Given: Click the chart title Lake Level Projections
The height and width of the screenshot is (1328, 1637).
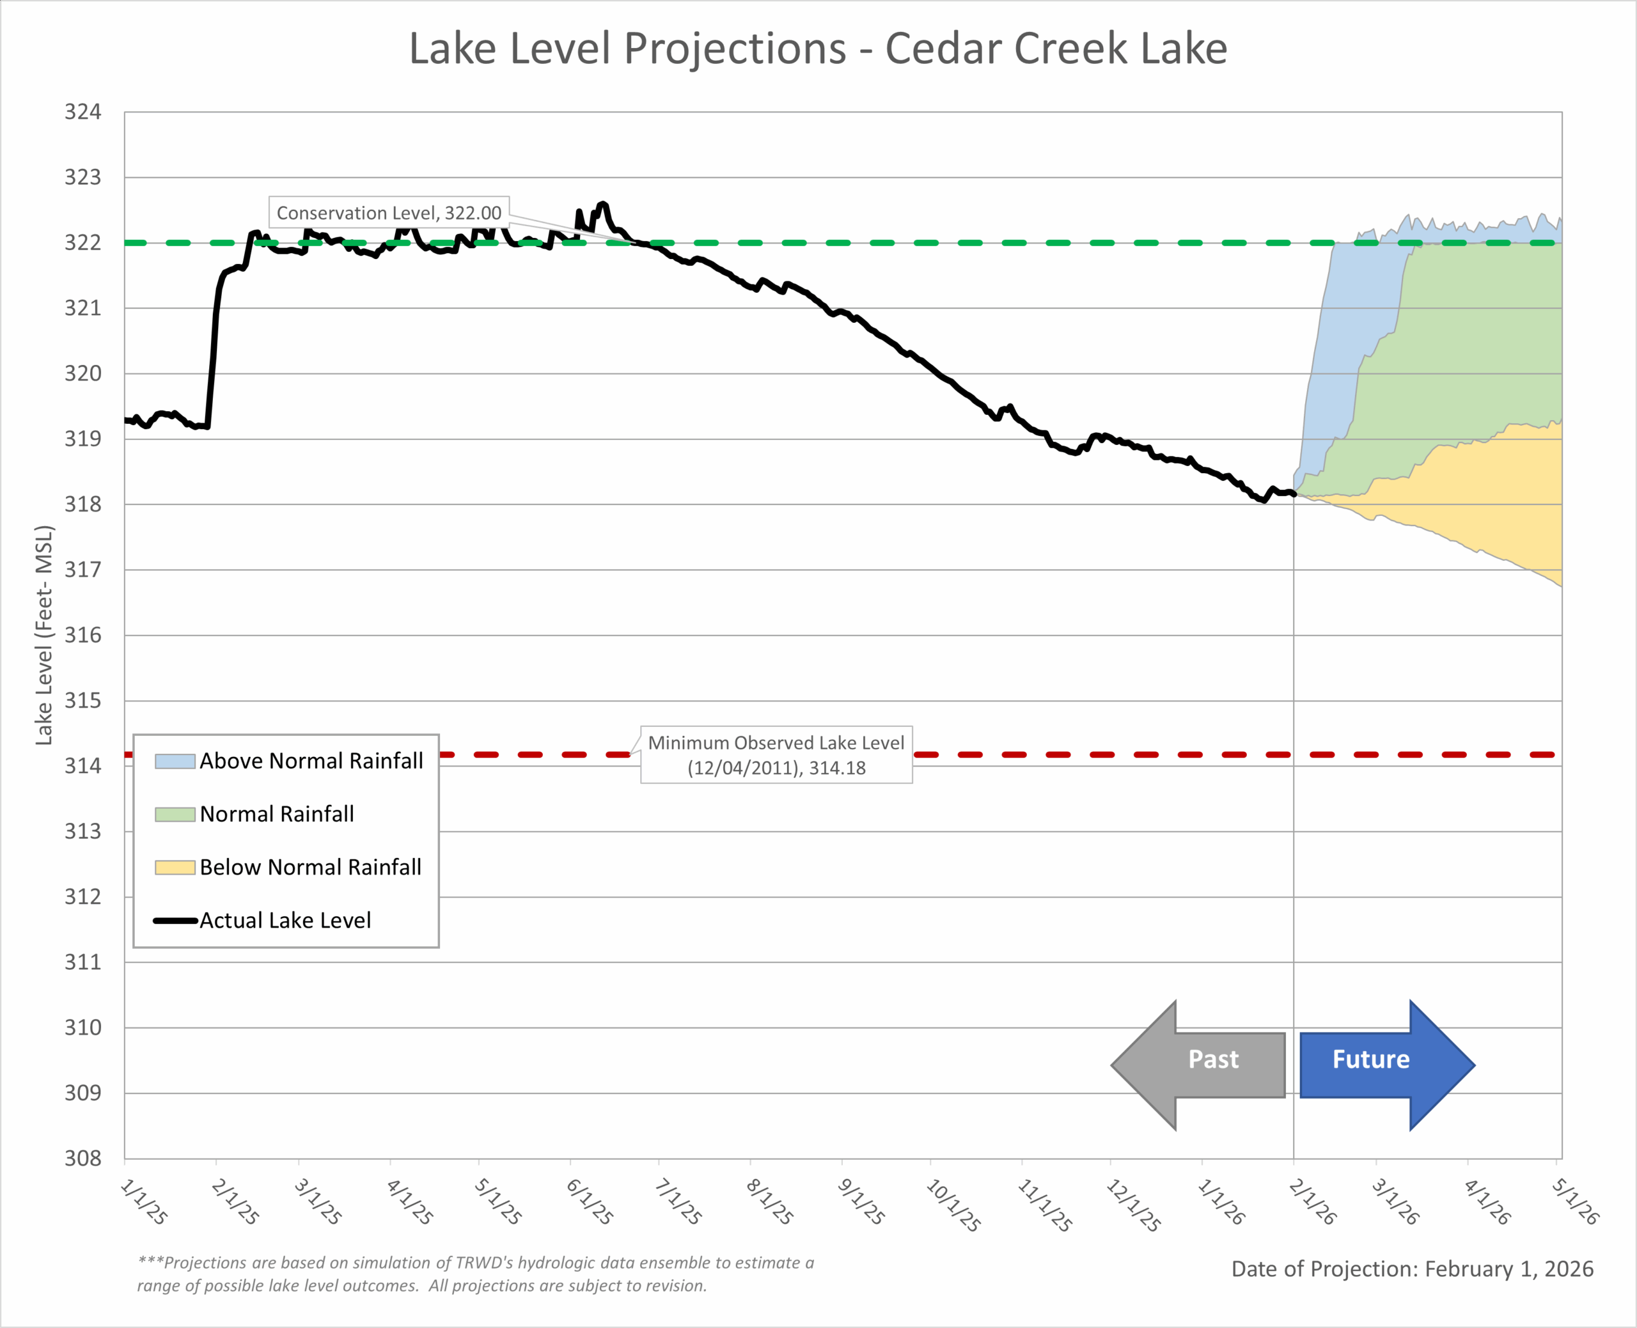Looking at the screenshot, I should pos(818,49).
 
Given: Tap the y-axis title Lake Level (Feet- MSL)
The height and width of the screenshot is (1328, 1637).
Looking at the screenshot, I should pos(44,635).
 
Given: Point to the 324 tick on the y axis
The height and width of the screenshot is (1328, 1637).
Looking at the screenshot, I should pos(82,113).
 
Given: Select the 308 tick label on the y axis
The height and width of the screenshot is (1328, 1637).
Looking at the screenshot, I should pos(82,1158).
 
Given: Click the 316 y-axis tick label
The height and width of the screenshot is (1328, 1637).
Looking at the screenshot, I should pos(82,635).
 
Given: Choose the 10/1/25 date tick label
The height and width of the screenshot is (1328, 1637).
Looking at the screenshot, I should pos(952,1205).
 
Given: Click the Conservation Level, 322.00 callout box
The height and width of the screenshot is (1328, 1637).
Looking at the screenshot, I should pos(389,213).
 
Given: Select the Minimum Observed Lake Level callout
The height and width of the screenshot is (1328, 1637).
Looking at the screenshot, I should pos(776,754).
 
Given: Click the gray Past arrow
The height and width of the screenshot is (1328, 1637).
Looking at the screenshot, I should pos(1198,1064).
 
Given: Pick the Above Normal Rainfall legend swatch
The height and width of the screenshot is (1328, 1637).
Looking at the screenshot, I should pos(175,761).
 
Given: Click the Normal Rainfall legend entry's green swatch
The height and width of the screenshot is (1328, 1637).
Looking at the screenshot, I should pos(175,814).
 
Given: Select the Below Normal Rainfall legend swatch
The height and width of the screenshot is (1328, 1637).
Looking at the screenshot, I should pos(175,868).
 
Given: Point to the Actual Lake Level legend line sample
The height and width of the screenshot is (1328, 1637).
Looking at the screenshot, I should pos(175,920).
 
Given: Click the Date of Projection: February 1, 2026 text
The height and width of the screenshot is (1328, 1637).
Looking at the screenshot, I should pos(1412,1269).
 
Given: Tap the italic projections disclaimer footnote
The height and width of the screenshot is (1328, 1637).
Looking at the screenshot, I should pos(474,1274).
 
